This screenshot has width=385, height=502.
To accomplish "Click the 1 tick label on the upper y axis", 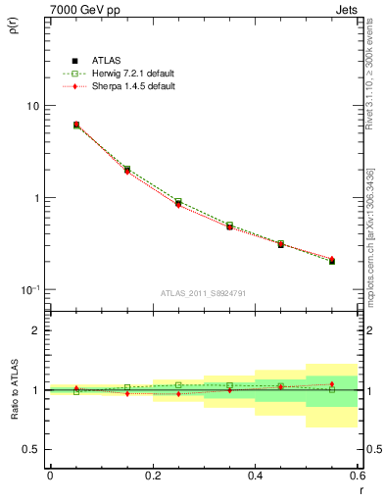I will click(x=37, y=198).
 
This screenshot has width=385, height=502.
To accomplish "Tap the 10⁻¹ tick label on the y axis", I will click(x=31, y=290).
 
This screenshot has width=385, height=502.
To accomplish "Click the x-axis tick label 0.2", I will click(x=152, y=476).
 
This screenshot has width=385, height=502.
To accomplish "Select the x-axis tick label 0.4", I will click(x=255, y=476).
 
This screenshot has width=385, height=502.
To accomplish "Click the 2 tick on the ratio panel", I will click(x=37, y=330).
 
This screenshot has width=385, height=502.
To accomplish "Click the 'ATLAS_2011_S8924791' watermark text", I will click(x=203, y=293).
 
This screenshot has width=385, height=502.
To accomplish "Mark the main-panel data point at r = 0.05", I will click(x=76, y=125).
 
